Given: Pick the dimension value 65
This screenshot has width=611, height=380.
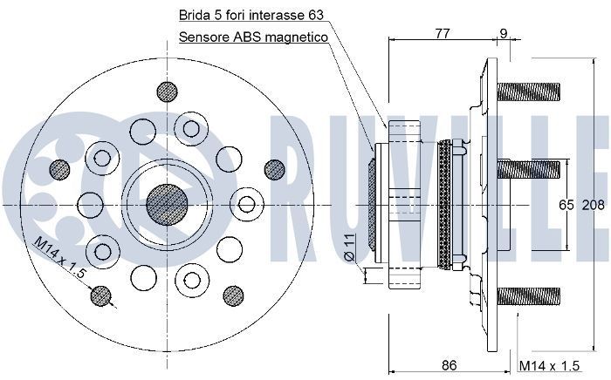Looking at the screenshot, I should coord(566,206).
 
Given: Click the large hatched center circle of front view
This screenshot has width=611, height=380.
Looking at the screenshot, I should coord(165,203).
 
